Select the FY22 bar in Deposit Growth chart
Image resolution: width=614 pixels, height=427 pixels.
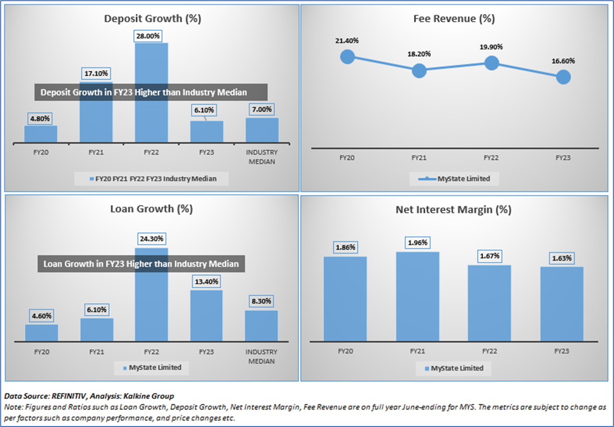click(x=151, y=120)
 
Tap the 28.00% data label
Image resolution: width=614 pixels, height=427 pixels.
click(x=151, y=36)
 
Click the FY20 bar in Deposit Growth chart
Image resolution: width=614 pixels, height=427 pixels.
click(x=41, y=134)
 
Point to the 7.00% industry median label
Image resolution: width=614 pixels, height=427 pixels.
click(x=262, y=110)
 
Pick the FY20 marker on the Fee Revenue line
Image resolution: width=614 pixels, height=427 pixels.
click(x=347, y=56)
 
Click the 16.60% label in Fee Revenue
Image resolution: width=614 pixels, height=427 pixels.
click(x=563, y=61)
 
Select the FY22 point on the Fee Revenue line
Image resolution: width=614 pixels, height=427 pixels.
click(x=492, y=63)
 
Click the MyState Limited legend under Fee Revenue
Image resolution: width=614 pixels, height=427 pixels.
click(x=454, y=178)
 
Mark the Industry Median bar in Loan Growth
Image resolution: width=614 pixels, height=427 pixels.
click(x=261, y=326)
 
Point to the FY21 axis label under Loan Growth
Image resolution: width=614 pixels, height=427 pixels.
click(x=96, y=352)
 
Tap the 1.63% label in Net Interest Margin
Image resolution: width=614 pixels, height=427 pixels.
click(x=562, y=259)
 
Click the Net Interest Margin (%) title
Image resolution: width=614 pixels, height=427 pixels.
click(x=453, y=210)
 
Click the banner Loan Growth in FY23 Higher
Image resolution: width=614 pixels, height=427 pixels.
click(x=141, y=263)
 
